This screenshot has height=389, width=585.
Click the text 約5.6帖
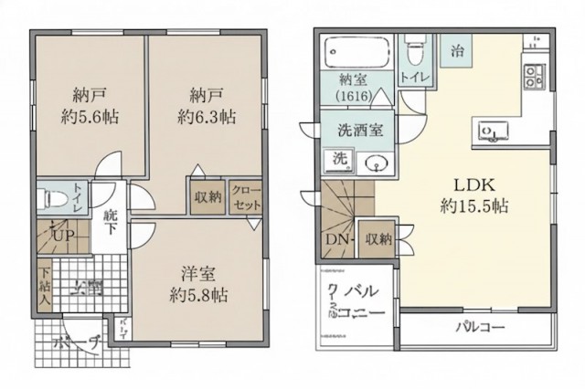(89, 117)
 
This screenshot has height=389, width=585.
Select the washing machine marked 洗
(339, 158)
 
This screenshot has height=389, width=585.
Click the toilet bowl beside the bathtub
(415, 41)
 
